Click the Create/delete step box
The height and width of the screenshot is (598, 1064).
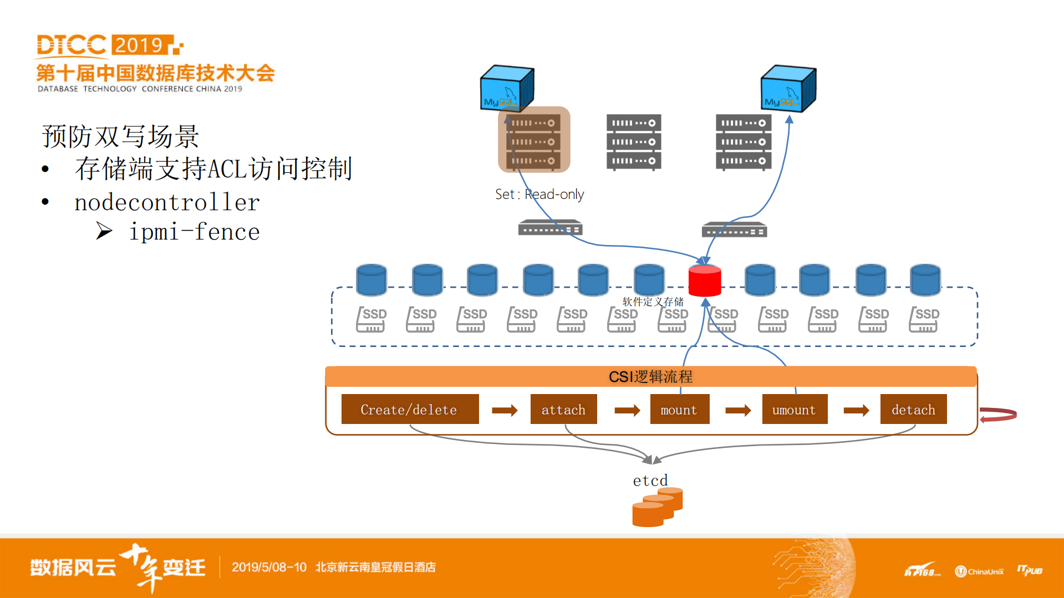410,410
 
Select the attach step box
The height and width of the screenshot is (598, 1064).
563,410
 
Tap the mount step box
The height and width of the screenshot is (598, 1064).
679,410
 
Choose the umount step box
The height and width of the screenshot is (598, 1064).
794,410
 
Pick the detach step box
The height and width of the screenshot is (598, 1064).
913,410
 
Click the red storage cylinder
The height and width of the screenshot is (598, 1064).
704,281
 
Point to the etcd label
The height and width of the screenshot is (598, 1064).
650,480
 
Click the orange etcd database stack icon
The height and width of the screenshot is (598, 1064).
657,507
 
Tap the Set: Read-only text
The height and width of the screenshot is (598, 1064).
539,195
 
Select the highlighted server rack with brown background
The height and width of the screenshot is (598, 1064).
533,141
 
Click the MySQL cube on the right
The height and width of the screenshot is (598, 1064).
788,89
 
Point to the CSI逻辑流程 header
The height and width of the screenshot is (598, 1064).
650,377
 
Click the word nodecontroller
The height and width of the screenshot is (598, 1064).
167,203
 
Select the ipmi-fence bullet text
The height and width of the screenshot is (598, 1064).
194,232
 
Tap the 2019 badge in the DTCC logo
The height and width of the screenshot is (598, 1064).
139,45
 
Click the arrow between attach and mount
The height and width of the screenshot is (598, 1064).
627,410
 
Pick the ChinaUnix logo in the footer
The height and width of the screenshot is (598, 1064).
979,571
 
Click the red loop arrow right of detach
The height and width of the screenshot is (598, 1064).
998,415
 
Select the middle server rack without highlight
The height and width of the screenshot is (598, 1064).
634,142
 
